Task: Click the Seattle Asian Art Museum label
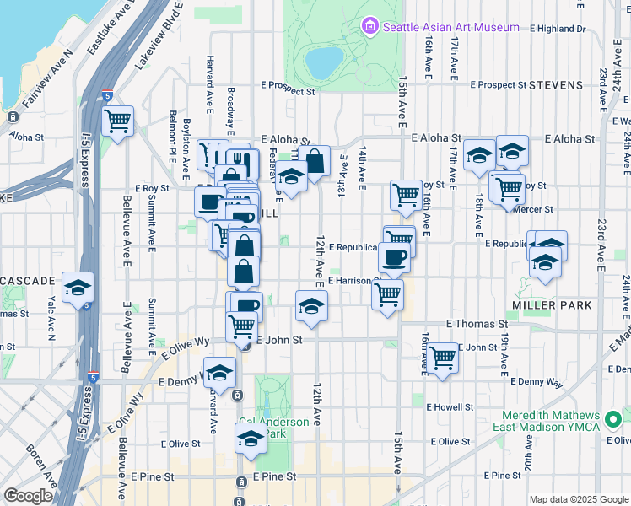[451, 27]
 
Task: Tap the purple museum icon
[369, 27]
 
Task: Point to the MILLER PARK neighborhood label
[552, 304]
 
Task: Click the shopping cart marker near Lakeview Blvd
[118, 120]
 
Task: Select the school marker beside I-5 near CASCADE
[78, 287]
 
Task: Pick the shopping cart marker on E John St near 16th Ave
[443, 358]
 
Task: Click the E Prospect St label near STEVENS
[499, 85]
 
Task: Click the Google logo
[29, 496]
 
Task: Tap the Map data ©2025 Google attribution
[578, 499]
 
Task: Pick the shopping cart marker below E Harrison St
[387, 295]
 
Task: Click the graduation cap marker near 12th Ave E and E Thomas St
[311, 306]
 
